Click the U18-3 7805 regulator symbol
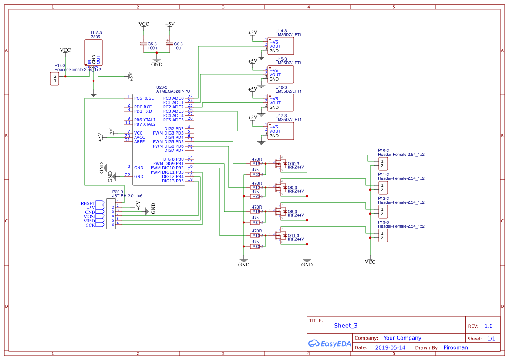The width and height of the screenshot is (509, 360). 94,53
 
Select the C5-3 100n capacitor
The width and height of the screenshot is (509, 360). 143,44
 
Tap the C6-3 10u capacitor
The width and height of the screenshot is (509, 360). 169,44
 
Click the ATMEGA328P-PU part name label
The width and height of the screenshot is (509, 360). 173,91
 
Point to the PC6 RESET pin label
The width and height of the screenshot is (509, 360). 145,98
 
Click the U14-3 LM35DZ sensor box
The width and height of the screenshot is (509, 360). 281,46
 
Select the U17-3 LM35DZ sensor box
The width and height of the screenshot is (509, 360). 281,131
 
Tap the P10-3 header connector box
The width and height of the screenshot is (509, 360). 382,164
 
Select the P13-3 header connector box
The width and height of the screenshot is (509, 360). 382,236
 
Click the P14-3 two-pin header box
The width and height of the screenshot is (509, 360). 55,79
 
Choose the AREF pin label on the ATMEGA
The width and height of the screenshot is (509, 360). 139,142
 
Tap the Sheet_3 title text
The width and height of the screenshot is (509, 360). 346,326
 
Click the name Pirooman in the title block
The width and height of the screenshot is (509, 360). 455,347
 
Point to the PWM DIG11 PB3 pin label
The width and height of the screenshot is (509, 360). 167,172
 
